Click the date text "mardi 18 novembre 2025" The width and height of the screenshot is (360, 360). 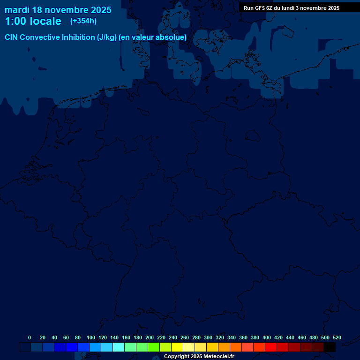pos(58,10)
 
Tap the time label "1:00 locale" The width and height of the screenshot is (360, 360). pos(33,21)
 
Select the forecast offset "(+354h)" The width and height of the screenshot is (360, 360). pos(83,21)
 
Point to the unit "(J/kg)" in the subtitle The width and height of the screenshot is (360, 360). pos(107,37)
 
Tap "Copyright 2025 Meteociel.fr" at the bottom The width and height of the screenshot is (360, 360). pos(199,357)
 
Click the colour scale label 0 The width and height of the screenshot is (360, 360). pos(30,337)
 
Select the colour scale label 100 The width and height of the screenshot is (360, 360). pos(91,337)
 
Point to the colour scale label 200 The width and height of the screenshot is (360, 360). pos(150,337)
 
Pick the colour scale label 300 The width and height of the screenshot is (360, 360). pos(208,337)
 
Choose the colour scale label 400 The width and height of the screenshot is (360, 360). pos(267,337)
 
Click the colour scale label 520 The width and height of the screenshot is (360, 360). pos(337,337)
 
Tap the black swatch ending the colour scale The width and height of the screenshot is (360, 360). pos(330,347)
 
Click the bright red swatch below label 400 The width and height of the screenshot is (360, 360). pos(271,347)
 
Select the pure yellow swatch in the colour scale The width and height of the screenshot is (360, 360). pos(177,347)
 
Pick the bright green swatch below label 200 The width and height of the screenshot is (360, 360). pos(154,347)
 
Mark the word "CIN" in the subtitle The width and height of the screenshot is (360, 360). pos(12,37)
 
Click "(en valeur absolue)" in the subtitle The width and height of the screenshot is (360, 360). pos(153,37)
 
